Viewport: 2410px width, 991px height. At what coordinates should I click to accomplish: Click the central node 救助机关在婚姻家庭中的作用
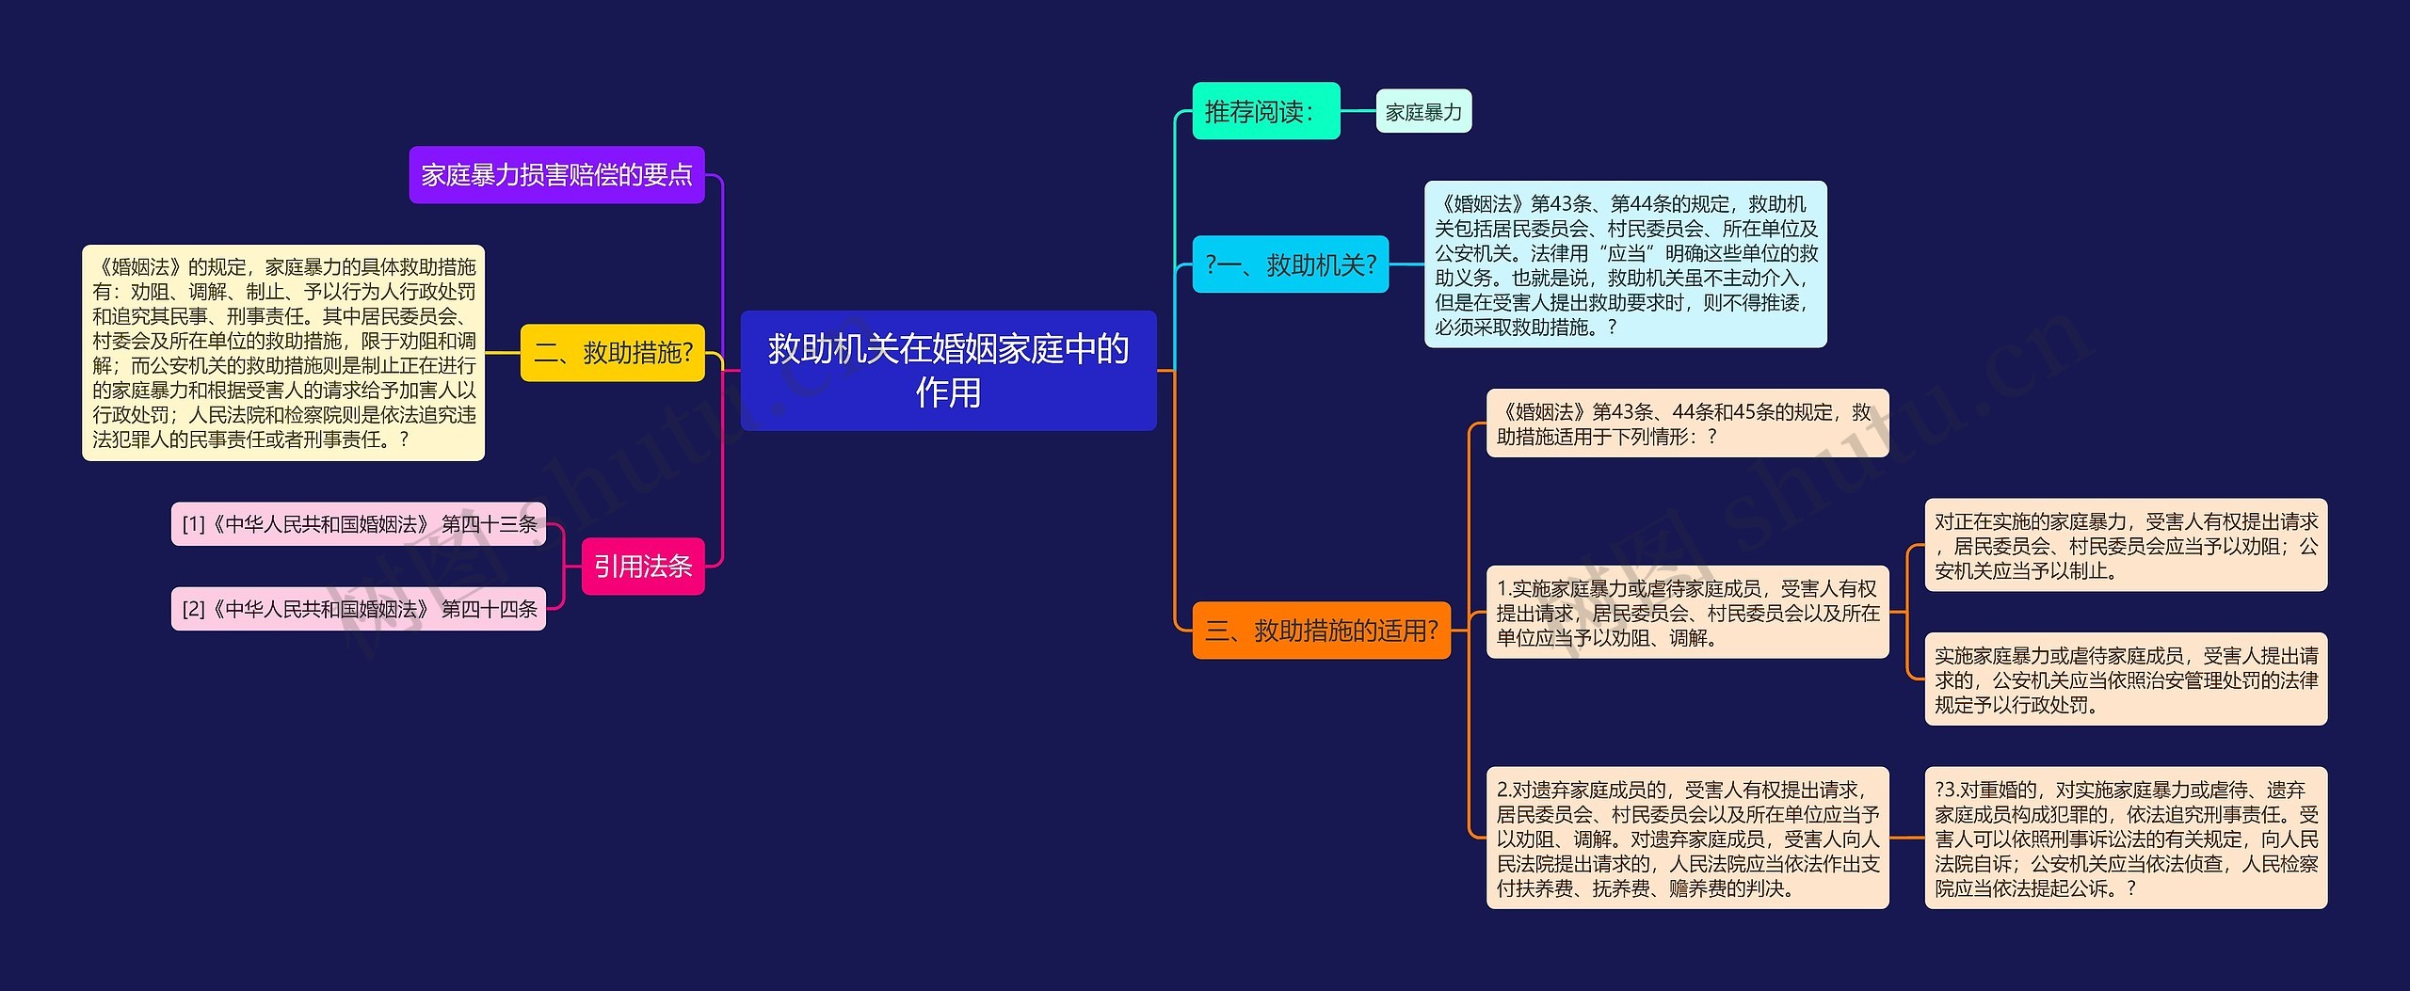[x=948, y=370]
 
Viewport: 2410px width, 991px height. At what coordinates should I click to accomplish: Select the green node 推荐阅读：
[x=1265, y=111]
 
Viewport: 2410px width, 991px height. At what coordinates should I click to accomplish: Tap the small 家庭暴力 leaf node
[x=1422, y=112]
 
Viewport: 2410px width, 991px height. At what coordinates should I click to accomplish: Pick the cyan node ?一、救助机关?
[x=1290, y=264]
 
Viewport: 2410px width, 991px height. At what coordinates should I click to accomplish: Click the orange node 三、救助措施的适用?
[x=1321, y=630]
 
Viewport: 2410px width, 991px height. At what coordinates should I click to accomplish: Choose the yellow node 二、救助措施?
[x=612, y=353]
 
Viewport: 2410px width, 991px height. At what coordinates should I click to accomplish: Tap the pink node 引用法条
[x=642, y=566]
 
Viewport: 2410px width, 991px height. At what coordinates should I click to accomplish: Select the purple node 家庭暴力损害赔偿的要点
[x=556, y=174]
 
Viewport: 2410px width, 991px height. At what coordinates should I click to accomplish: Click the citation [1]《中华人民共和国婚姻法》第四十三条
[x=358, y=524]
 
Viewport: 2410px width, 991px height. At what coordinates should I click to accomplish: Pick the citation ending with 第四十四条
[x=358, y=609]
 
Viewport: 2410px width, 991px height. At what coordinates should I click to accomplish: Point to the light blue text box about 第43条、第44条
[x=1625, y=264]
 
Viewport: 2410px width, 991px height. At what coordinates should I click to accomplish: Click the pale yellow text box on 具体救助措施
[x=282, y=353]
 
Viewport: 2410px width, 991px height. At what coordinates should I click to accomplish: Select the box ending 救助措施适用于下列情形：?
[x=1687, y=424]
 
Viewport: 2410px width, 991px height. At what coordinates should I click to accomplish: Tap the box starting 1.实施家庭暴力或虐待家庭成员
[x=1687, y=613]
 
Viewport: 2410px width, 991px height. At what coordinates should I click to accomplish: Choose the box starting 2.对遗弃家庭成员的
[x=1687, y=838]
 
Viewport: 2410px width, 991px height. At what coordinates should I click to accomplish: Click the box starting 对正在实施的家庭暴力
[x=2125, y=546]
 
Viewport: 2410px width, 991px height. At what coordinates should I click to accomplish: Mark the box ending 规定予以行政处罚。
[x=2125, y=679]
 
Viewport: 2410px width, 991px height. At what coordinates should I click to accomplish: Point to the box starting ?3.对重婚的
[x=2125, y=838]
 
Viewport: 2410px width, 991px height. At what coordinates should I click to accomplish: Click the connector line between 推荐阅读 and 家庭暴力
[x=1358, y=111]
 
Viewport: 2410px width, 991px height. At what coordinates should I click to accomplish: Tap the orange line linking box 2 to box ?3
[x=1906, y=838]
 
